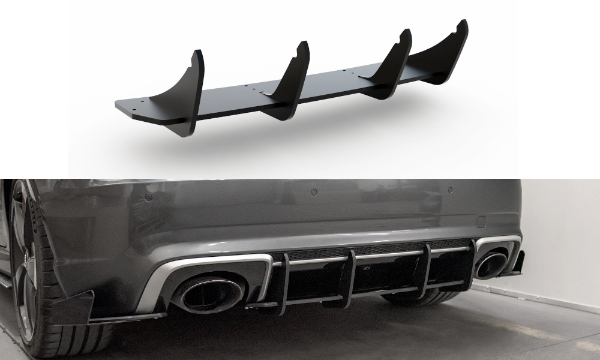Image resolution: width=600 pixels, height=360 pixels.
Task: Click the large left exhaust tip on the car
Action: tap(208, 293)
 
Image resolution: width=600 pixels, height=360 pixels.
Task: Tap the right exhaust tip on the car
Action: tap(491, 265)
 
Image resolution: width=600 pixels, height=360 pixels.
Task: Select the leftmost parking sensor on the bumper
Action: tap(148, 196)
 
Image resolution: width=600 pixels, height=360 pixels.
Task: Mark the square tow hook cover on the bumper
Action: tap(480, 221)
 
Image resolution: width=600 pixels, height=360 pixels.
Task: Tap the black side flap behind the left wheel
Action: tap(75, 307)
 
